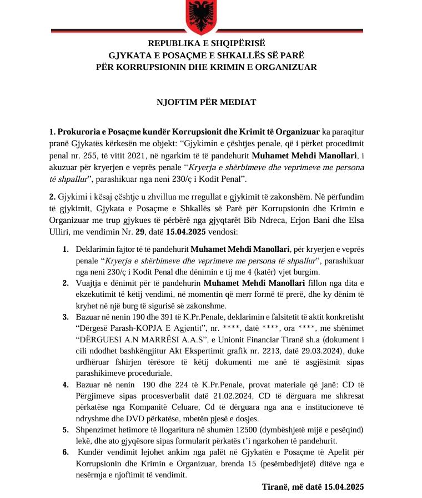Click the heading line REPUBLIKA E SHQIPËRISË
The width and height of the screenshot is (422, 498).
point(207,43)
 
